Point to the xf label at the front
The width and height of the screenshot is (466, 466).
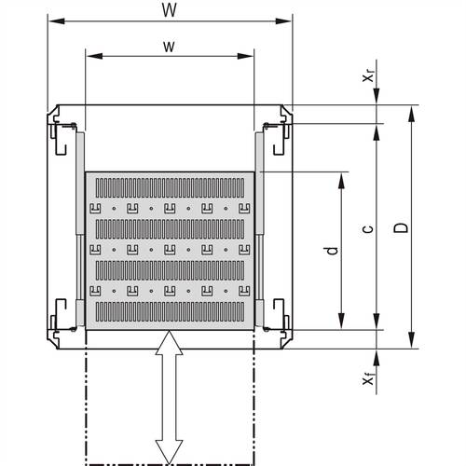click(370, 379)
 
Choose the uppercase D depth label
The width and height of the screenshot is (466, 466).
click(400, 227)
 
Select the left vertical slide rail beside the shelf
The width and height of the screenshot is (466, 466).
click(79, 228)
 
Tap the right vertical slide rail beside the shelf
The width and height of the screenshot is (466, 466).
click(259, 228)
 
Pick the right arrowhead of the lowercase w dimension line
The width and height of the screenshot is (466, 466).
click(249, 56)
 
